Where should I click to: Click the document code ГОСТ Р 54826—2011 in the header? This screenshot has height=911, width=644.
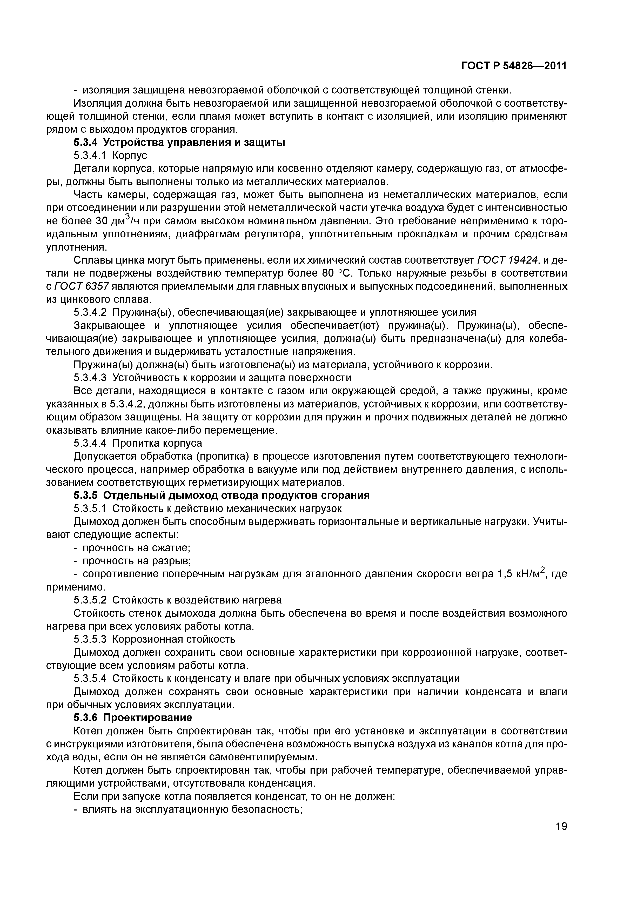point(514,66)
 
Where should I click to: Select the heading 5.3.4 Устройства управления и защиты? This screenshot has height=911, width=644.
point(179,143)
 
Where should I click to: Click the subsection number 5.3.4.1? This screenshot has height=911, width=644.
point(90,156)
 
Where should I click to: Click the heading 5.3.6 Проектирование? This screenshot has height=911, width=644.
point(132,718)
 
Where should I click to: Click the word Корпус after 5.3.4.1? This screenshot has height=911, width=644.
point(130,156)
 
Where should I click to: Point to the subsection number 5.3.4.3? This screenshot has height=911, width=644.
point(90,378)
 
